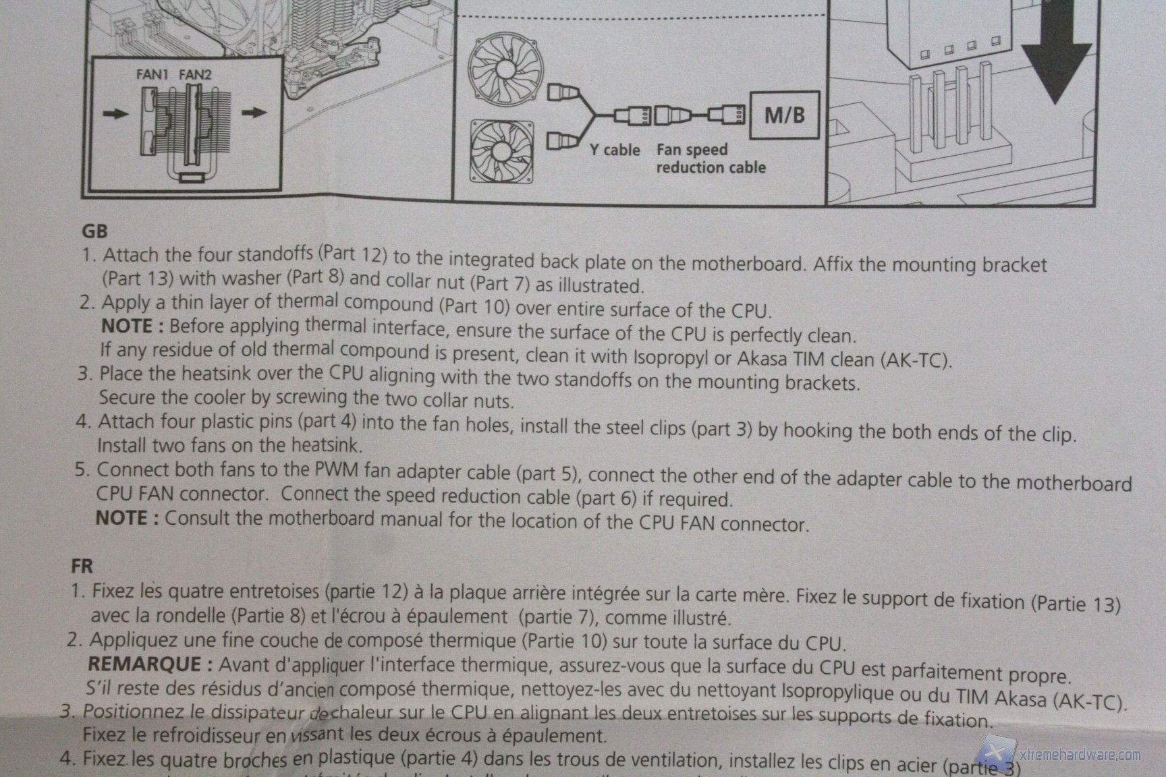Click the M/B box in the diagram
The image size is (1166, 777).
coord(785,115)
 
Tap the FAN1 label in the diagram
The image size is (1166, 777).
coord(152,75)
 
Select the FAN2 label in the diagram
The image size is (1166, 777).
coord(195,75)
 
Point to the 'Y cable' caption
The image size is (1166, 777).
coord(615,150)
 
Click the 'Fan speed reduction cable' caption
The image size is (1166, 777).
coord(711,159)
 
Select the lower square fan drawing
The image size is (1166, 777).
coord(501,152)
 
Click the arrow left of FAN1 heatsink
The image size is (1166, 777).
coord(115,113)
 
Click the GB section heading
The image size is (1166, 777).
coord(94,231)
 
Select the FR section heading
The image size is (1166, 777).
coord(82,565)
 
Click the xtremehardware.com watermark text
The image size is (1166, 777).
coord(1079,755)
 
